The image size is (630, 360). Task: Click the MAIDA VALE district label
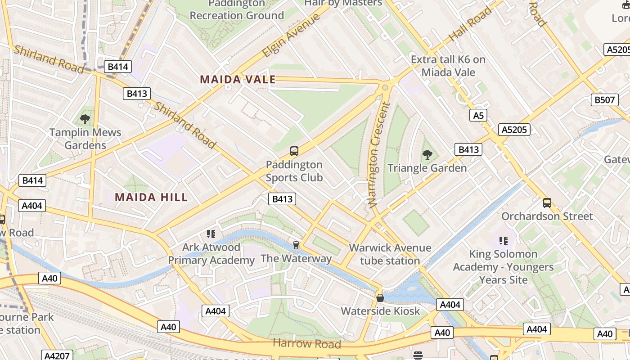pos(238,80)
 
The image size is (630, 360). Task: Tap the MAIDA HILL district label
pos(151,197)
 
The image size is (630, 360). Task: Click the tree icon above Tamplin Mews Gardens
pos(85,119)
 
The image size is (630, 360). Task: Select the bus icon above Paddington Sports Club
pos(294,151)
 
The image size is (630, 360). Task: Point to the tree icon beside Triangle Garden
pos(427,155)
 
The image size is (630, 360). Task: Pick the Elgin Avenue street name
pos(291,35)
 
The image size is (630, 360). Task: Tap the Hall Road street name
pos(471,23)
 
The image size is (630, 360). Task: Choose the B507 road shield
pos(604,99)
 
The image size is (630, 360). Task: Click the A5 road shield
pos(478,116)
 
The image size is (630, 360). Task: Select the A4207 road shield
pos(57,355)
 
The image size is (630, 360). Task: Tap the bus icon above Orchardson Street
pos(547,203)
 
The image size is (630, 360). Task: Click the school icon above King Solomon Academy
pos(503,241)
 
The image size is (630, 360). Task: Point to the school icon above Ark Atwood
pos(211,234)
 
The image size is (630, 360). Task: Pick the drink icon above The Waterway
pos(296,245)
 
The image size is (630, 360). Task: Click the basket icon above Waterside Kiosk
pos(380,298)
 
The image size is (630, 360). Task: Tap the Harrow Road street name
pos(307,344)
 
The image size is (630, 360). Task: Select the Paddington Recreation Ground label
pos(237,10)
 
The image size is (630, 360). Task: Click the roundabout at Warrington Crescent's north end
pos(385,87)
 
